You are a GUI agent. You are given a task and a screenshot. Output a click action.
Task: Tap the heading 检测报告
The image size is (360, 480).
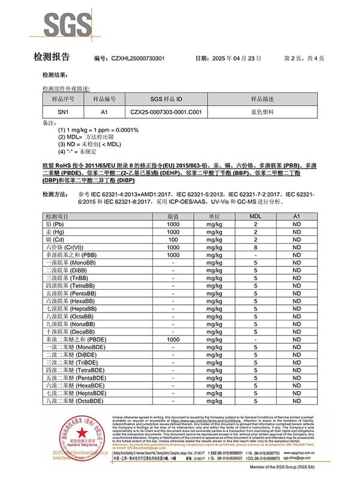point(52,58)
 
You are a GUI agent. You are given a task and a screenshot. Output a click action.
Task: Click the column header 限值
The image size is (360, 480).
point(173,216)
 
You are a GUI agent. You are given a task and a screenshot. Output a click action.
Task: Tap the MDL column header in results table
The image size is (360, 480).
point(255,216)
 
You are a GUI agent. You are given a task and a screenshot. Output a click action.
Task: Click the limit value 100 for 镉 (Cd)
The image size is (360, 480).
point(173,239)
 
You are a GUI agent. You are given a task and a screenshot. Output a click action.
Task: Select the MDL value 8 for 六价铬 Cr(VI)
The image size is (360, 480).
point(255,247)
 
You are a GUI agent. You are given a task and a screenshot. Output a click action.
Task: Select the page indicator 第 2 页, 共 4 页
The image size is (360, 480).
point(304,58)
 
